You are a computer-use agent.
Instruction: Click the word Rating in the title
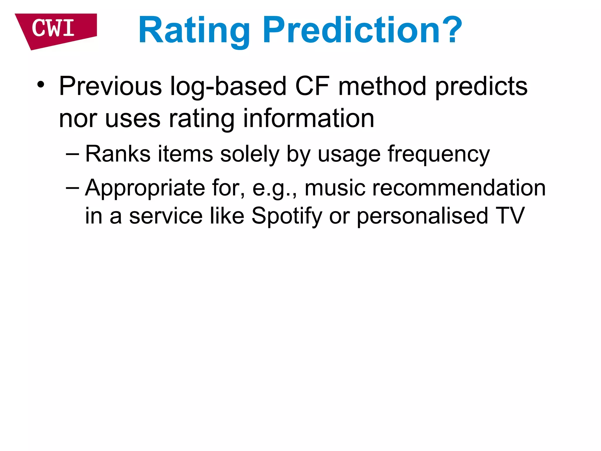[x=194, y=31]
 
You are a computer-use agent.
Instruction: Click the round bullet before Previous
[x=41, y=85]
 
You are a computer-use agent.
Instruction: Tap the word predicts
[x=481, y=87]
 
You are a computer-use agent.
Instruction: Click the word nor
[x=78, y=119]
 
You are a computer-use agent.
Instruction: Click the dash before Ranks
[x=72, y=154]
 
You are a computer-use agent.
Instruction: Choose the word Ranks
[x=118, y=154]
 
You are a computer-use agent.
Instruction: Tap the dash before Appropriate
[x=72, y=188]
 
